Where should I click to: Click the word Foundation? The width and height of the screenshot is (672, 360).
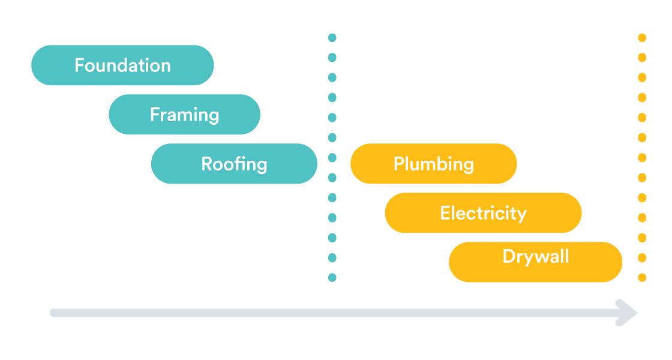[122, 65]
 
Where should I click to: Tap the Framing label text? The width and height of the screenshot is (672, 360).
[184, 115]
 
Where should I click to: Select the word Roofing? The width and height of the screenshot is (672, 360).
[234, 164]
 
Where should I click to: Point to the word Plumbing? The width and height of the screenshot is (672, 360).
[433, 164]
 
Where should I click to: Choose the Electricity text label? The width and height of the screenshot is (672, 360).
[483, 213]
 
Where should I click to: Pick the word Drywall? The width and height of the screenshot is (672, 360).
[535, 257]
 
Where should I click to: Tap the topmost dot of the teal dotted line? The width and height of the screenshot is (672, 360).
[332, 38]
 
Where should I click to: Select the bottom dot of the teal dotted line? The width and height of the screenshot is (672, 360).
[332, 278]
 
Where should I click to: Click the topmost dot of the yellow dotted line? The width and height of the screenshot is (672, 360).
[642, 38]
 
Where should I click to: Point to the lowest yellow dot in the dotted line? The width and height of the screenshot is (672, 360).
[642, 278]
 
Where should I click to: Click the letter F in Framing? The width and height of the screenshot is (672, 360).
[154, 114]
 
